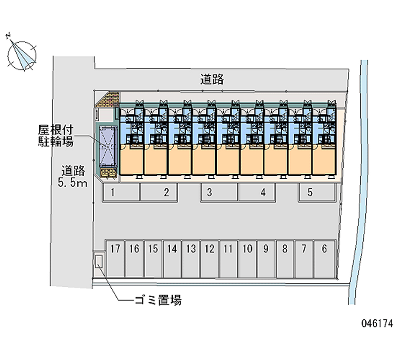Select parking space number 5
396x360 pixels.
click(x=317, y=193)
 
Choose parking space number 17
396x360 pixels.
click(x=115, y=258)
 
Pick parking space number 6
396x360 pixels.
click(x=324, y=258)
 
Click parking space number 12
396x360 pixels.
click(x=209, y=258)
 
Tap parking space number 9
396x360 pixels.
click(x=266, y=258)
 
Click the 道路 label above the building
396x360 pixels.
click(x=212, y=79)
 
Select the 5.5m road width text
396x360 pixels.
click(x=73, y=184)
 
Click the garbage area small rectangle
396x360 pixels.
click(x=99, y=260)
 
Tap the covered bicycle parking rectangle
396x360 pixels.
click(x=108, y=147)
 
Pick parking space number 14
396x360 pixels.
click(x=172, y=258)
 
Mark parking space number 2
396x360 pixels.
click(x=158, y=193)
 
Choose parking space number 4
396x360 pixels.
click(x=257, y=193)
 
